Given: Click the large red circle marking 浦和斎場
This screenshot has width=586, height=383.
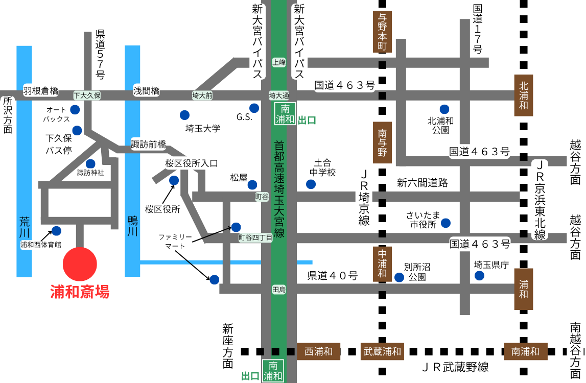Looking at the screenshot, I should tap(79, 264).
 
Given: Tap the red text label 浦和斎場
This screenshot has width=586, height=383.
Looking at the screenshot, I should tap(79, 292).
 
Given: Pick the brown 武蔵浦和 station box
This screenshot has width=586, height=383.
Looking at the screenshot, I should tap(383, 351).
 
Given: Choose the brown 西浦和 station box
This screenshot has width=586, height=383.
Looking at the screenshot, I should tap(318, 351).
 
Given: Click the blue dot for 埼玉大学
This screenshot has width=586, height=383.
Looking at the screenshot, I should tap(184, 115).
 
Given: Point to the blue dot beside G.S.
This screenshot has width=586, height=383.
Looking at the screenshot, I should tap(254, 107).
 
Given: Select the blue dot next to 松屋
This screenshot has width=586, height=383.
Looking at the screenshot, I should tap(252, 184).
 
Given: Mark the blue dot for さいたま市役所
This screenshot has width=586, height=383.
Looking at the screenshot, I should tap(446, 223).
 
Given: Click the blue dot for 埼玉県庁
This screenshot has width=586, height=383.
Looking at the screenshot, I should tap(479, 276).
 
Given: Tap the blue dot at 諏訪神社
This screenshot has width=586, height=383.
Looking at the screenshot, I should tap(90, 164).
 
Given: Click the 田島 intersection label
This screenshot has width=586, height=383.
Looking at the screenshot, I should tap(279, 290).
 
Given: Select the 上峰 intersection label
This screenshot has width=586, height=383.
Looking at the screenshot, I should tap(279, 62).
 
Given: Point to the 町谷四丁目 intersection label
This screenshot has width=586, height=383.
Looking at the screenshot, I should tap(255, 237).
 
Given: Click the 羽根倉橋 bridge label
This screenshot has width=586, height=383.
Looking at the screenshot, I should tap(41, 91).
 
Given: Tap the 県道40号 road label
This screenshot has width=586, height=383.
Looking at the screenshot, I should tap(333, 276).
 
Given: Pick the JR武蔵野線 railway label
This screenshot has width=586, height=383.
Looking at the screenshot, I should tap(455, 367).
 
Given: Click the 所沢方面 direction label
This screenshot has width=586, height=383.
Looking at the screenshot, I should tap(7, 115).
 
